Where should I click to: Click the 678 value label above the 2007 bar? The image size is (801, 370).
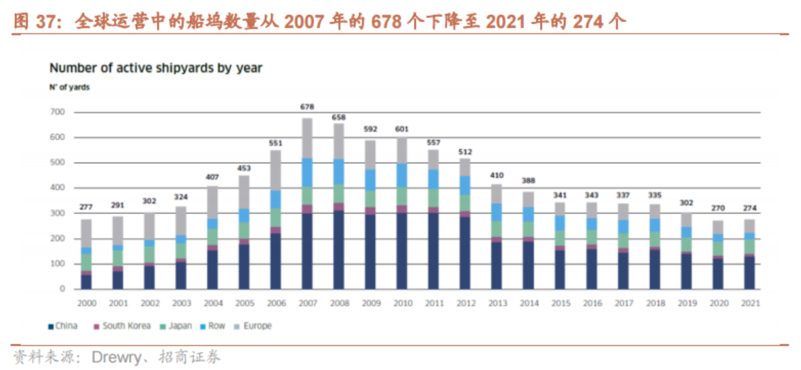point(307,107)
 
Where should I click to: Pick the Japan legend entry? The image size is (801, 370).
point(176,326)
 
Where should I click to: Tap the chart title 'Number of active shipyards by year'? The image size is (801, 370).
point(156,68)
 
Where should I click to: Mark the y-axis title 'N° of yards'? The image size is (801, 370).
point(69,88)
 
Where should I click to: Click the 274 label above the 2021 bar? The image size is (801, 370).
point(749,208)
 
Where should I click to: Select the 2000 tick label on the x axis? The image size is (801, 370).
point(86,302)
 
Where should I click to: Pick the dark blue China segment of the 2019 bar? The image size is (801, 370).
point(686,272)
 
